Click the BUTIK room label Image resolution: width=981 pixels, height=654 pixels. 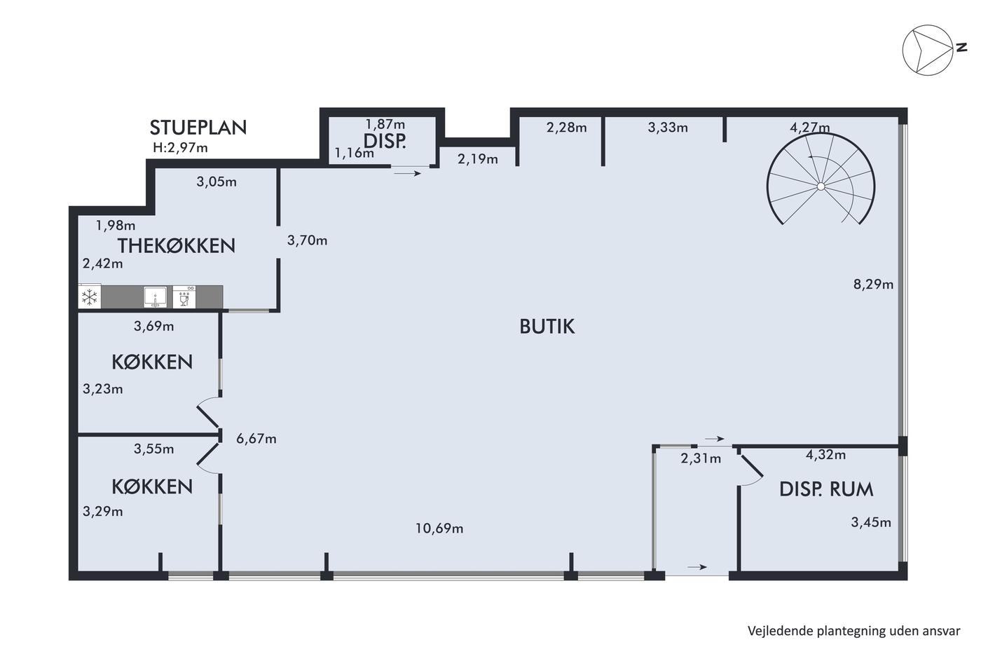pyautogui.click(x=547, y=327)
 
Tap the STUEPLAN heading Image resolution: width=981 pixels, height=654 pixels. pyautogui.click(x=198, y=128)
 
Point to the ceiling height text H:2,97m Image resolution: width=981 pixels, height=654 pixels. pyautogui.click(x=180, y=148)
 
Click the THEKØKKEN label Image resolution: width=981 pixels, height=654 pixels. pyautogui.click(x=177, y=246)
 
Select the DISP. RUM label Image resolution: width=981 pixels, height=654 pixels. pyautogui.click(x=826, y=489)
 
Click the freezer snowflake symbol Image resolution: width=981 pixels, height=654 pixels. pyautogui.click(x=90, y=297)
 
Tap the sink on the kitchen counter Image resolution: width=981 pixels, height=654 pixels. pyautogui.click(x=155, y=297)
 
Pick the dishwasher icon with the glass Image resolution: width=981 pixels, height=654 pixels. pyautogui.click(x=184, y=297)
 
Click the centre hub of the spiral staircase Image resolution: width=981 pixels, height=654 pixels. pyautogui.click(x=821, y=186)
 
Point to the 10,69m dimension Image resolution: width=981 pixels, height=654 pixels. pyautogui.click(x=439, y=529)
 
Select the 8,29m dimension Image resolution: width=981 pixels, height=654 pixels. pyautogui.click(x=873, y=285)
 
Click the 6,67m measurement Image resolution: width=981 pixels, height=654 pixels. pyautogui.click(x=256, y=439)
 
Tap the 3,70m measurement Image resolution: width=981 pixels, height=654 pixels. pyautogui.click(x=307, y=240)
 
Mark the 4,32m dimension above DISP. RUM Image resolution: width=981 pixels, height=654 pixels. pyautogui.click(x=825, y=455)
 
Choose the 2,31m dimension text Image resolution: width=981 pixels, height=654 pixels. pyautogui.click(x=701, y=458)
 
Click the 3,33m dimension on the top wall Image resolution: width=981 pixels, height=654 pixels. pyautogui.click(x=668, y=128)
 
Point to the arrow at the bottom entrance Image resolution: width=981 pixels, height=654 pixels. pyautogui.click(x=697, y=567)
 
